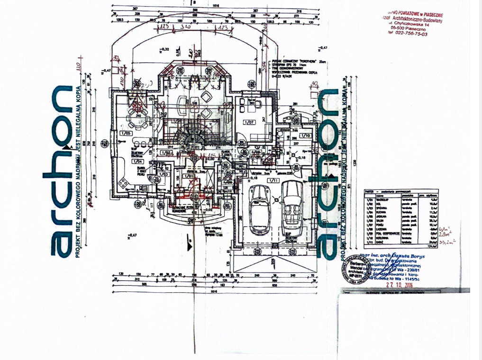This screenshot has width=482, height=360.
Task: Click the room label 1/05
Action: tap(126, 133)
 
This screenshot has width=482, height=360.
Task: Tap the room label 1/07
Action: tap(249, 122)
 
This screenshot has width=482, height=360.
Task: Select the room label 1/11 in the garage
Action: tap(273, 180)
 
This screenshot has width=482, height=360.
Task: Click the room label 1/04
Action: tap(128, 162)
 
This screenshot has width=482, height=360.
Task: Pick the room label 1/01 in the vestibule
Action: tap(189, 176)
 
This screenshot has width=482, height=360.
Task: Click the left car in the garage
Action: tap(260, 208)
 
